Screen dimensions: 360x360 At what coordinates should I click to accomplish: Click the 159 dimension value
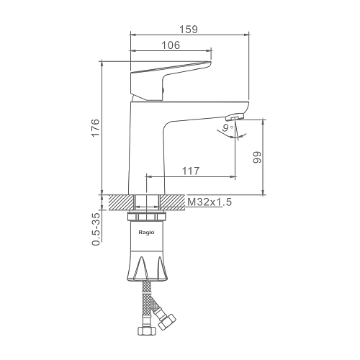189,30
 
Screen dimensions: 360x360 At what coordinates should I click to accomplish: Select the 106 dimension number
171,45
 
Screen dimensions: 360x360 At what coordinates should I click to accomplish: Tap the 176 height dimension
96,127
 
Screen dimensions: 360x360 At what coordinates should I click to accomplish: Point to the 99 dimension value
257,157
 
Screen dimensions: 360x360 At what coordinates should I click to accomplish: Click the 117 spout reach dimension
191,171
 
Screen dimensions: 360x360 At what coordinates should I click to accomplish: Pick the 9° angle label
228,127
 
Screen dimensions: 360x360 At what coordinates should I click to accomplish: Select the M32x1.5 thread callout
210,202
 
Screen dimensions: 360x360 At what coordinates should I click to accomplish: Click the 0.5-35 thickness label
96,229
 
